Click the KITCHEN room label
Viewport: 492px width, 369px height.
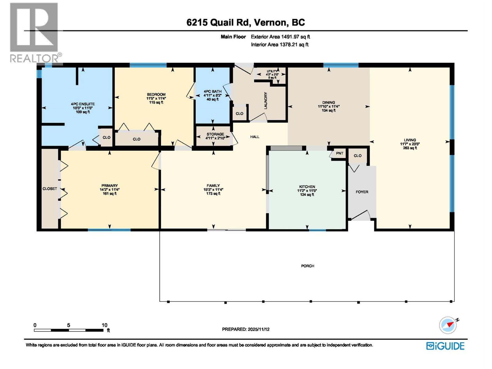[x=307, y=187]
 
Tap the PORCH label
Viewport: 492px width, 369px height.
[x=307, y=266]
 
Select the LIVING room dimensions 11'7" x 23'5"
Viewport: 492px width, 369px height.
[x=410, y=144]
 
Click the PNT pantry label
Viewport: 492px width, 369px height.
[x=339, y=153]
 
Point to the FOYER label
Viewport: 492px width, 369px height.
[x=362, y=192]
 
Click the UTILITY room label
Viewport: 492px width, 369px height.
[x=272, y=71]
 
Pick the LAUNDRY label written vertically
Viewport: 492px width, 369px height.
[x=266, y=100]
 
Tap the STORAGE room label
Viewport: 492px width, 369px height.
[x=215, y=134]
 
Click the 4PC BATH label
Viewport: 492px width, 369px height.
[x=212, y=91]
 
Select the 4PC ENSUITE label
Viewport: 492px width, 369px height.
[x=83, y=104]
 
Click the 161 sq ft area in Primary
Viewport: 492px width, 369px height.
[x=109, y=194]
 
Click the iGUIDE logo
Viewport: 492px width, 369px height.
[x=445, y=346]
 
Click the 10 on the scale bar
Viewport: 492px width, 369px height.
[x=105, y=325]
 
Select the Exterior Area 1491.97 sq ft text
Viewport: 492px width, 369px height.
[x=280, y=37]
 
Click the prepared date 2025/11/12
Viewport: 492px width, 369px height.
[x=258, y=329]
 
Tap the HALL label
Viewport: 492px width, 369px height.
[x=255, y=137]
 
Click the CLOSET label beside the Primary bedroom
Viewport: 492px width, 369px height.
[x=50, y=188]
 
